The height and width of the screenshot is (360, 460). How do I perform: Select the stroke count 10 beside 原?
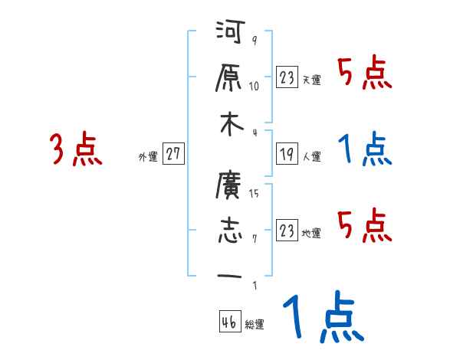coord(255,87)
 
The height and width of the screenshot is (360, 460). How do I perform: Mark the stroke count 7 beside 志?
coord(254,238)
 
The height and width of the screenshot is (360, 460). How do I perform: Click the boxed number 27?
coord(172,154)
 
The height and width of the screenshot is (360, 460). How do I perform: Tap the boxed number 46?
coord(229,322)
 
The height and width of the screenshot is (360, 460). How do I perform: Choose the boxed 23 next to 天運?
coord(287,77)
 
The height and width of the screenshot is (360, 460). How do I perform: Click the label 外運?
coord(147,157)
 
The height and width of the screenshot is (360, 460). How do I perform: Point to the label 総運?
coord(255,325)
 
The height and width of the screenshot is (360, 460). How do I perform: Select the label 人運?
coord(312,157)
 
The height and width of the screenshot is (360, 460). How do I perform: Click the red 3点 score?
coord(75,149)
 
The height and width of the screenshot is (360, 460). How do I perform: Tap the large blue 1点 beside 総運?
coord(322,318)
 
